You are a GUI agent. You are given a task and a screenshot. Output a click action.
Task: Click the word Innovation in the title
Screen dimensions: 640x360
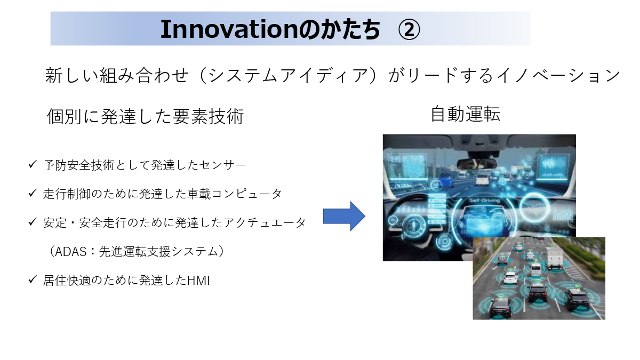click(229, 29)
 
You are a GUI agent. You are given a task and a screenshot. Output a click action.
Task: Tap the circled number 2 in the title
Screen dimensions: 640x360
click(409, 29)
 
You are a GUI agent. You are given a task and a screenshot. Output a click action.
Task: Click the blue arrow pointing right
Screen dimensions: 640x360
click(344, 216)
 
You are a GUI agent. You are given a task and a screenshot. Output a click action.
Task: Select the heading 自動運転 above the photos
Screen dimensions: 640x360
click(466, 114)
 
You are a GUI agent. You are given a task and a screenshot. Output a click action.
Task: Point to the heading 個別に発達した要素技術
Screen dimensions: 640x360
click(145, 116)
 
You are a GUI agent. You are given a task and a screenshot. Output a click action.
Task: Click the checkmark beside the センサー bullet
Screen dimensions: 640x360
click(33, 164)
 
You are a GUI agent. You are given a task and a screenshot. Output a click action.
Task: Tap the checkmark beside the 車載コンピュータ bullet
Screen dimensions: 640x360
click(33, 193)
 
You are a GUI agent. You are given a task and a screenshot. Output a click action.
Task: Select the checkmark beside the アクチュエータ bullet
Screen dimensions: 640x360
click(33, 221)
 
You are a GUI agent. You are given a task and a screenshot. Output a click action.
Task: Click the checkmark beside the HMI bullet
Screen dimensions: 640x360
click(33, 279)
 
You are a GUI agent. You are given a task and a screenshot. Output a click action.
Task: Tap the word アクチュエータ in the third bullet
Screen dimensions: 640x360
click(265, 222)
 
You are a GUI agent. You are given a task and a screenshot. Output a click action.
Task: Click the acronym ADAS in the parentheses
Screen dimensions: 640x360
click(70, 252)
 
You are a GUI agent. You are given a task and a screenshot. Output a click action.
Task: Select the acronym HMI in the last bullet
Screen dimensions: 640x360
click(198, 281)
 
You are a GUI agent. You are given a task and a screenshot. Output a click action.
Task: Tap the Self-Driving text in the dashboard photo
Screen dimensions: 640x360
click(484, 201)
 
